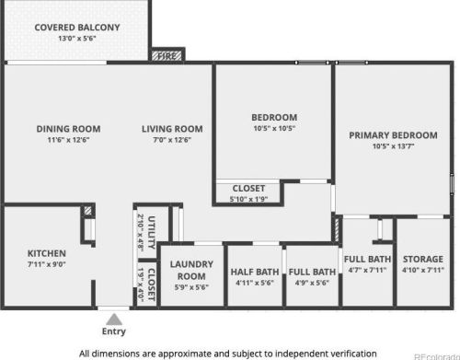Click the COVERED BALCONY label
point(77,28)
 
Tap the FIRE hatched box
point(167,56)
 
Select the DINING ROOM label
point(68,129)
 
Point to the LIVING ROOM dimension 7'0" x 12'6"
point(172,140)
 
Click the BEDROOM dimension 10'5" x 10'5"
point(274,128)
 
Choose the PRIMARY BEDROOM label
point(393,135)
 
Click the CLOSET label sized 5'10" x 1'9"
point(248,188)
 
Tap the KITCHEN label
point(47,253)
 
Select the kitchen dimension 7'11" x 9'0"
point(47,264)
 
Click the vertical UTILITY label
point(152,232)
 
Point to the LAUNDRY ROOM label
point(191,270)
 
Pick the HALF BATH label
point(255,272)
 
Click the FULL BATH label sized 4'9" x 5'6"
point(312,272)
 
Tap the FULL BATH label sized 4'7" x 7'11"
point(367,260)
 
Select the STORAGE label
point(423,260)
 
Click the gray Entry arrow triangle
point(114,319)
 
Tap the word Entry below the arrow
point(114,331)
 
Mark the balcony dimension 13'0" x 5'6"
point(77,39)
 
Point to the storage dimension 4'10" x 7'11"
point(423,270)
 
